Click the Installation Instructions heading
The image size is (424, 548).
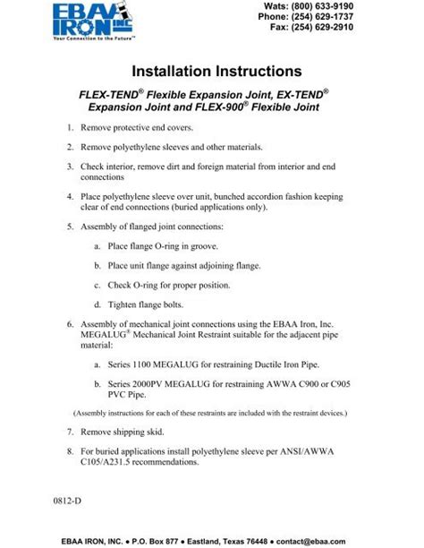[212, 70]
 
